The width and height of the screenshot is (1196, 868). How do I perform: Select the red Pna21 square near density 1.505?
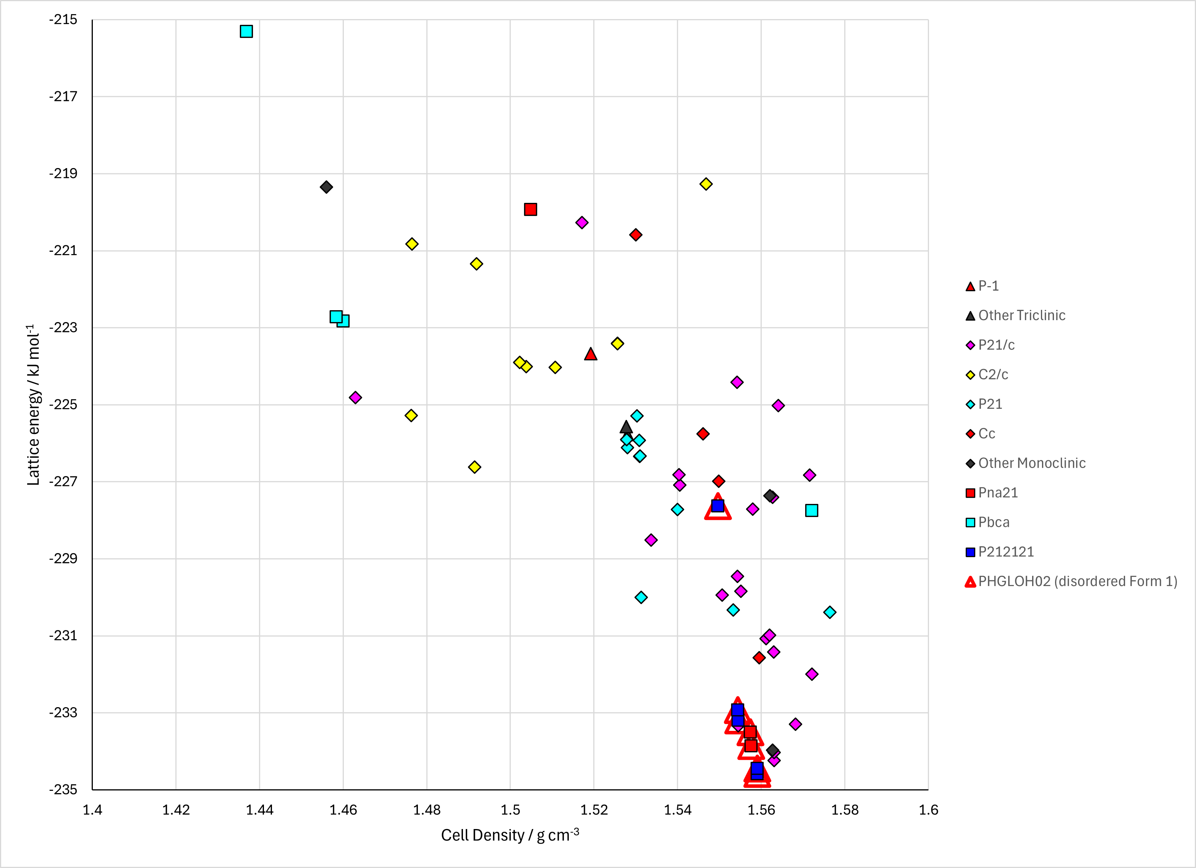click(x=531, y=209)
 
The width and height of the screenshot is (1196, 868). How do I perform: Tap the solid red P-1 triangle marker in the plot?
click(x=591, y=354)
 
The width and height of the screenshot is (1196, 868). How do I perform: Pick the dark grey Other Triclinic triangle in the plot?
click(x=626, y=427)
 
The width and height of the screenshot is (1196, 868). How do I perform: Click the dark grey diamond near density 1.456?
click(x=327, y=187)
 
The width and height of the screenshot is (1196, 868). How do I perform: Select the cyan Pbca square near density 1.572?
click(x=812, y=510)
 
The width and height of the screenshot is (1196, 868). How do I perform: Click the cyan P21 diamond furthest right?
click(x=830, y=612)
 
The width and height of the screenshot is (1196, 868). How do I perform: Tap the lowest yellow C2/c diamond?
click(x=474, y=467)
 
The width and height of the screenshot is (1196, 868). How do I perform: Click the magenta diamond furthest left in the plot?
click(x=355, y=398)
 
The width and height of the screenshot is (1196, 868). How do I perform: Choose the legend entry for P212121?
click(x=1000, y=552)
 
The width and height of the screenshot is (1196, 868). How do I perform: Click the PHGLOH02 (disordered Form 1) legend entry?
click(x=1071, y=581)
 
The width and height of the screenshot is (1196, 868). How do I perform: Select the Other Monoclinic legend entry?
click(x=1026, y=463)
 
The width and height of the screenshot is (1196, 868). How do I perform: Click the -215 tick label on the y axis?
click(x=63, y=19)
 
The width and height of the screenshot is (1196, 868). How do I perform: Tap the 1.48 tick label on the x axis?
click(x=427, y=810)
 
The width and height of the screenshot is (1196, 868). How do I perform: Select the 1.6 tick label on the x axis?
click(x=928, y=810)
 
